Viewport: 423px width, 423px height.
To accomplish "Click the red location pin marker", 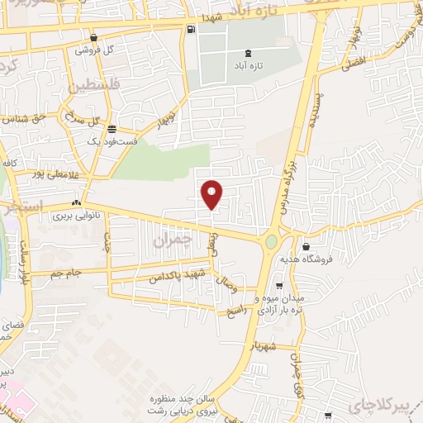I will point(212,194).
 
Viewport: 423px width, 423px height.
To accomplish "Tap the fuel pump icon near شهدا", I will point(192,31).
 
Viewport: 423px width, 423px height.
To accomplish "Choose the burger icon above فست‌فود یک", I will point(112,129).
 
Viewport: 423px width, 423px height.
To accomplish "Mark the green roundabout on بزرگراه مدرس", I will point(272,242).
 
